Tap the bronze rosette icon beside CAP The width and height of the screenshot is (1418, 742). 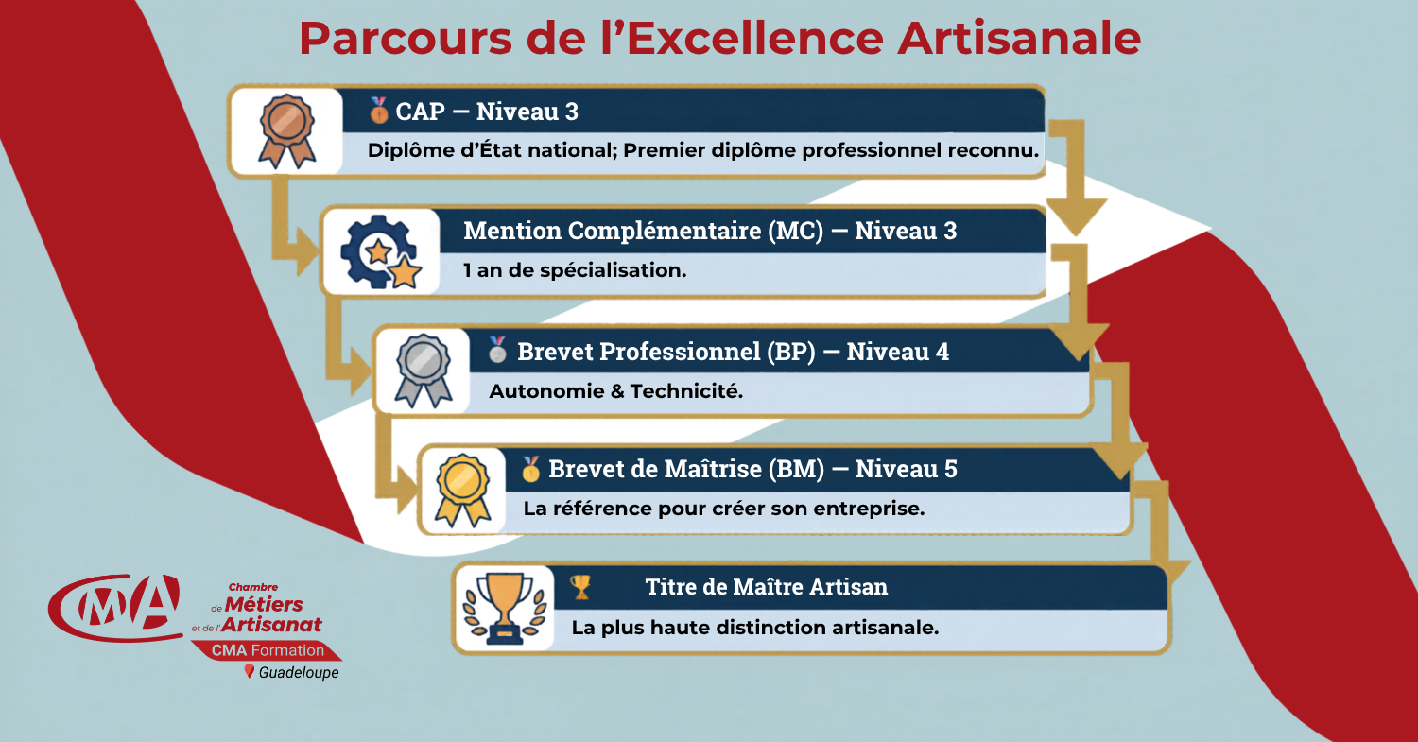[286, 130]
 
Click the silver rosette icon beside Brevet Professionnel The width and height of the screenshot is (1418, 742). [424, 371]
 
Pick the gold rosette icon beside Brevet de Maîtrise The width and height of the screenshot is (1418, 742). [463, 490]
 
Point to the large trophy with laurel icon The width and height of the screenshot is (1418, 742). [505, 609]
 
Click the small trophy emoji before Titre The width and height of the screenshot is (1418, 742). [580, 587]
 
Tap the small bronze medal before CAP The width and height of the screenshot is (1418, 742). [378, 111]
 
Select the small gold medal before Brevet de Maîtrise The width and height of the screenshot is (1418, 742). [530, 469]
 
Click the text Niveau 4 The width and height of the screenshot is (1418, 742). [898, 352]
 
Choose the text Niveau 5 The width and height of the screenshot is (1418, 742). [906, 469]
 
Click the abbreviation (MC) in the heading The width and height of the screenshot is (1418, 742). [796, 231]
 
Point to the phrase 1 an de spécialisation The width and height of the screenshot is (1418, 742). [575, 270]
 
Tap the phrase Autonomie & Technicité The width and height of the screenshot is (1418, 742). [616, 391]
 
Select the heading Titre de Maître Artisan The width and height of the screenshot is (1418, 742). [766, 587]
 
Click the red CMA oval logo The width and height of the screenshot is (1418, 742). [115, 607]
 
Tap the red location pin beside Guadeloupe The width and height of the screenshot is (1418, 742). [250, 671]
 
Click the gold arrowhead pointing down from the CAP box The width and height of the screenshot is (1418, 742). [1076, 216]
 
